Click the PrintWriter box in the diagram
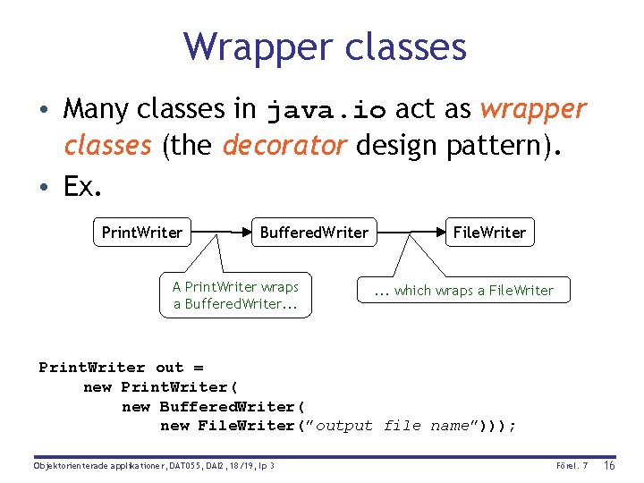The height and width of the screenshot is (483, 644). click(142, 233)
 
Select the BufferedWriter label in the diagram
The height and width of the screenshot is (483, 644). click(314, 233)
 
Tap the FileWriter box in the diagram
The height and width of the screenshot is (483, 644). click(489, 233)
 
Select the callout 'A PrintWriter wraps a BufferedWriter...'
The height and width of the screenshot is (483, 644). click(235, 295)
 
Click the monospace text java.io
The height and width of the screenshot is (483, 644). click(326, 111)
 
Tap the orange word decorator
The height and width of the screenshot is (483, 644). click(284, 145)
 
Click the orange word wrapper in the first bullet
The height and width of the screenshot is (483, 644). click(534, 109)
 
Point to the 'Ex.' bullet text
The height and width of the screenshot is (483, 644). click(82, 186)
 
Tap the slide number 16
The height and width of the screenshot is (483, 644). click(611, 465)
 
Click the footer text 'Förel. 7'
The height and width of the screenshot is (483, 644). click(572, 466)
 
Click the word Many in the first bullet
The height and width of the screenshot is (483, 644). click(97, 109)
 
